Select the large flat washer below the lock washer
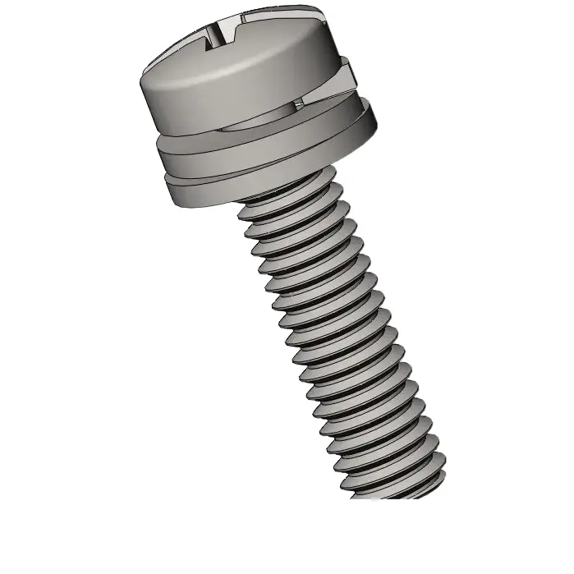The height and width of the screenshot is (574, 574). (263, 160)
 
